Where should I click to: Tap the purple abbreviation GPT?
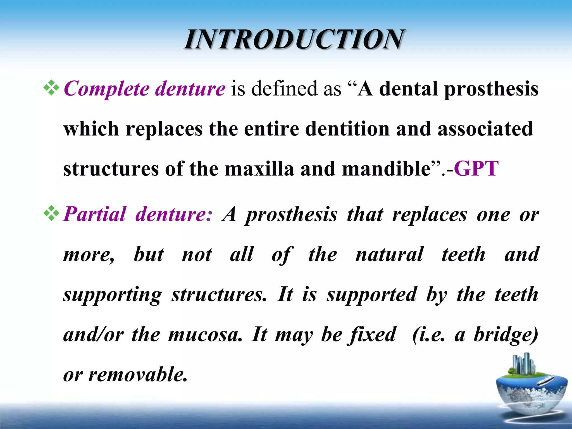[476, 169]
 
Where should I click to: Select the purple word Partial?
[95, 214]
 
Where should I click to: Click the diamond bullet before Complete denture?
[51, 88]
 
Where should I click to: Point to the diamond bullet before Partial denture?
[51, 214]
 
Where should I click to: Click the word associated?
[485, 129]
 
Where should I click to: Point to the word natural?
[389, 254]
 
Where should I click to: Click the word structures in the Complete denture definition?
[111, 169]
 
